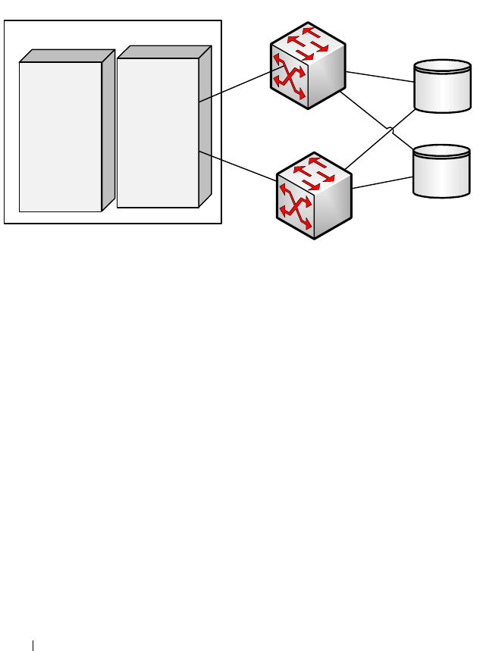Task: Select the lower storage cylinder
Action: [441, 172]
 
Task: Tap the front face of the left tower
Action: [60, 136]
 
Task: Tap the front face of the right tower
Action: [158, 132]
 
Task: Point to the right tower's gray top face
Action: [164, 52]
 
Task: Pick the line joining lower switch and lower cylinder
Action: [382, 183]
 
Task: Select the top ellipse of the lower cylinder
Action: [441, 152]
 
